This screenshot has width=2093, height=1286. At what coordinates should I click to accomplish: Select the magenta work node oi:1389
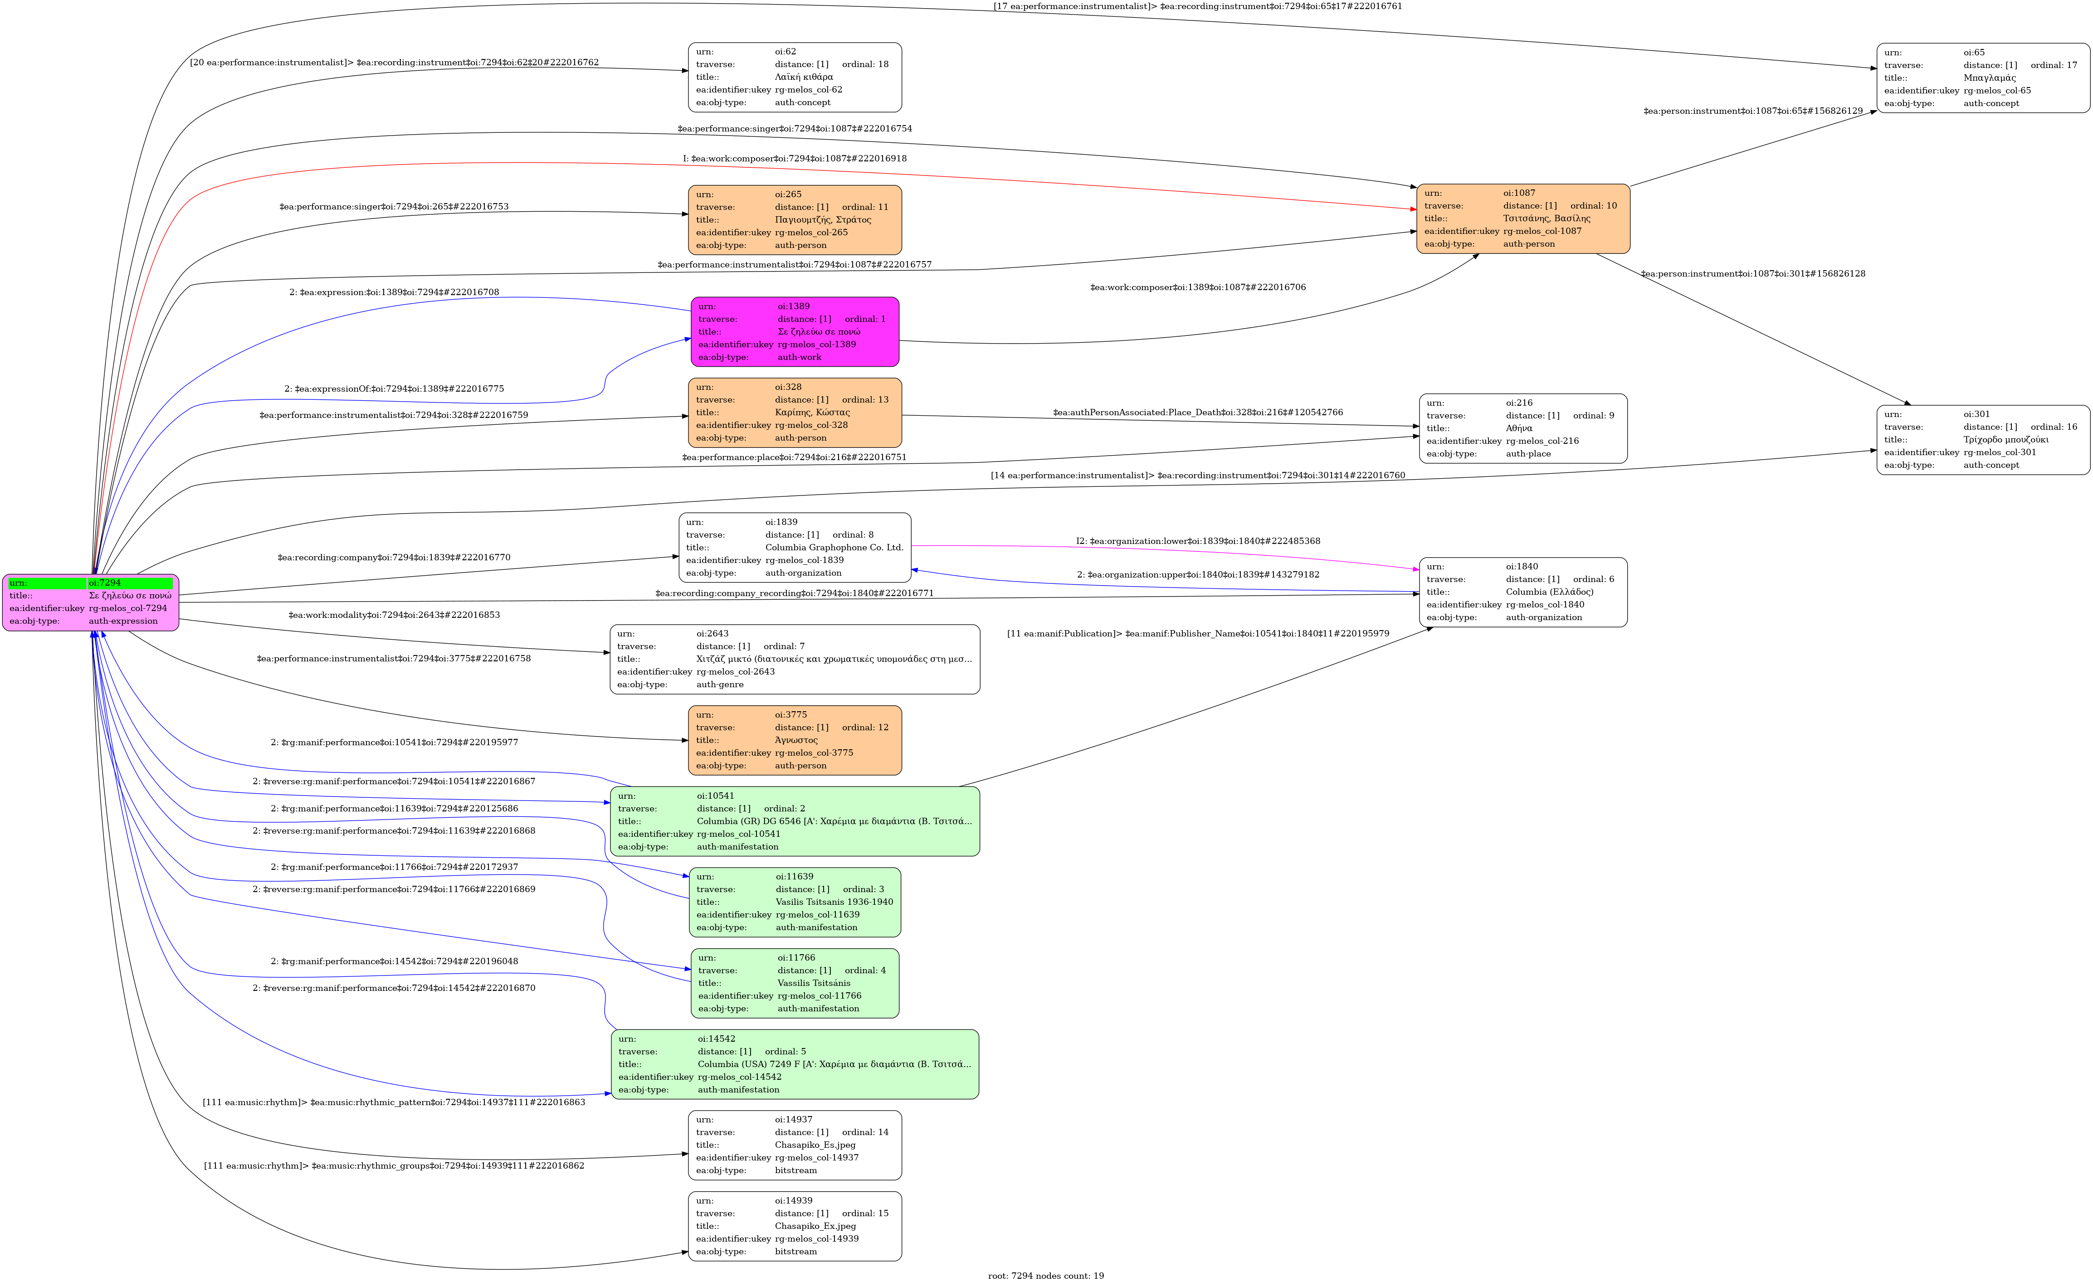[795, 332]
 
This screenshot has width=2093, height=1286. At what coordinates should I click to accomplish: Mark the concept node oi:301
[1982, 440]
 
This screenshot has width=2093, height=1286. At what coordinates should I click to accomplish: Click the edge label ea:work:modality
[394, 615]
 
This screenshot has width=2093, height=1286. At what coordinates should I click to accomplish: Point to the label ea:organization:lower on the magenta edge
[1197, 541]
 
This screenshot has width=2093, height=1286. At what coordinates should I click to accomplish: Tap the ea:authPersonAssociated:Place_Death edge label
[1197, 412]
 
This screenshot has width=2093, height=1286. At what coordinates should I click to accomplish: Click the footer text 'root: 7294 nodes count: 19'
[1046, 1276]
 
